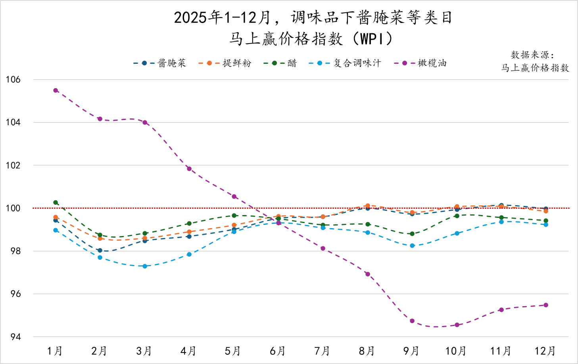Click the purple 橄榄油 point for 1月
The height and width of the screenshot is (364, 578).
pyautogui.click(x=56, y=90)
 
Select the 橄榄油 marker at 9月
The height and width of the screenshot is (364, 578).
pyautogui.click(x=412, y=321)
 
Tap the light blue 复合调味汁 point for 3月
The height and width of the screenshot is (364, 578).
pyautogui.click(x=145, y=266)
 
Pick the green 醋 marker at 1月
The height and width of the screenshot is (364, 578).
pyautogui.click(x=56, y=202)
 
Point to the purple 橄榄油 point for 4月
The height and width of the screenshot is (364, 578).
pyautogui.click(x=189, y=169)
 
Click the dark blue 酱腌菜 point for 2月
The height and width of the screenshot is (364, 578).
pyautogui.click(x=100, y=250)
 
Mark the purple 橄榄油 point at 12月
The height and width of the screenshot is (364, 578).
pyautogui.click(x=546, y=305)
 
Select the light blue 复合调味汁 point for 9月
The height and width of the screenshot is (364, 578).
pyautogui.click(x=412, y=246)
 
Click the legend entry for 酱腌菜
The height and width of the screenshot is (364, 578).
pyautogui.click(x=160, y=63)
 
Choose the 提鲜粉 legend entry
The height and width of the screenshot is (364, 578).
pyautogui.click(x=225, y=63)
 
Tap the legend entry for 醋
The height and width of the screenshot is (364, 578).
pyautogui.click(x=280, y=63)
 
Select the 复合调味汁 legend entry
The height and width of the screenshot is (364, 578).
pyautogui.click(x=345, y=63)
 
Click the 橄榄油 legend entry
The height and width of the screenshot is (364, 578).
pyautogui.click(x=421, y=63)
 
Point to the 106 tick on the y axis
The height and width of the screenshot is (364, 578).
pyautogui.click(x=13, y=80)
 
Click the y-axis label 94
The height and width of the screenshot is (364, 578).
pyautogui.click(x=15, y=337)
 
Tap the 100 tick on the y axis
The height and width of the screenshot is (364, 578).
pyautogui.click(x=13, y=208)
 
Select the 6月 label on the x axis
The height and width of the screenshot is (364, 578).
pyautogui.click(x=278, y=351)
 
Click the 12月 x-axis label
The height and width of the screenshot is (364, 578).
pyautogui.click(x=545, y=351)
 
